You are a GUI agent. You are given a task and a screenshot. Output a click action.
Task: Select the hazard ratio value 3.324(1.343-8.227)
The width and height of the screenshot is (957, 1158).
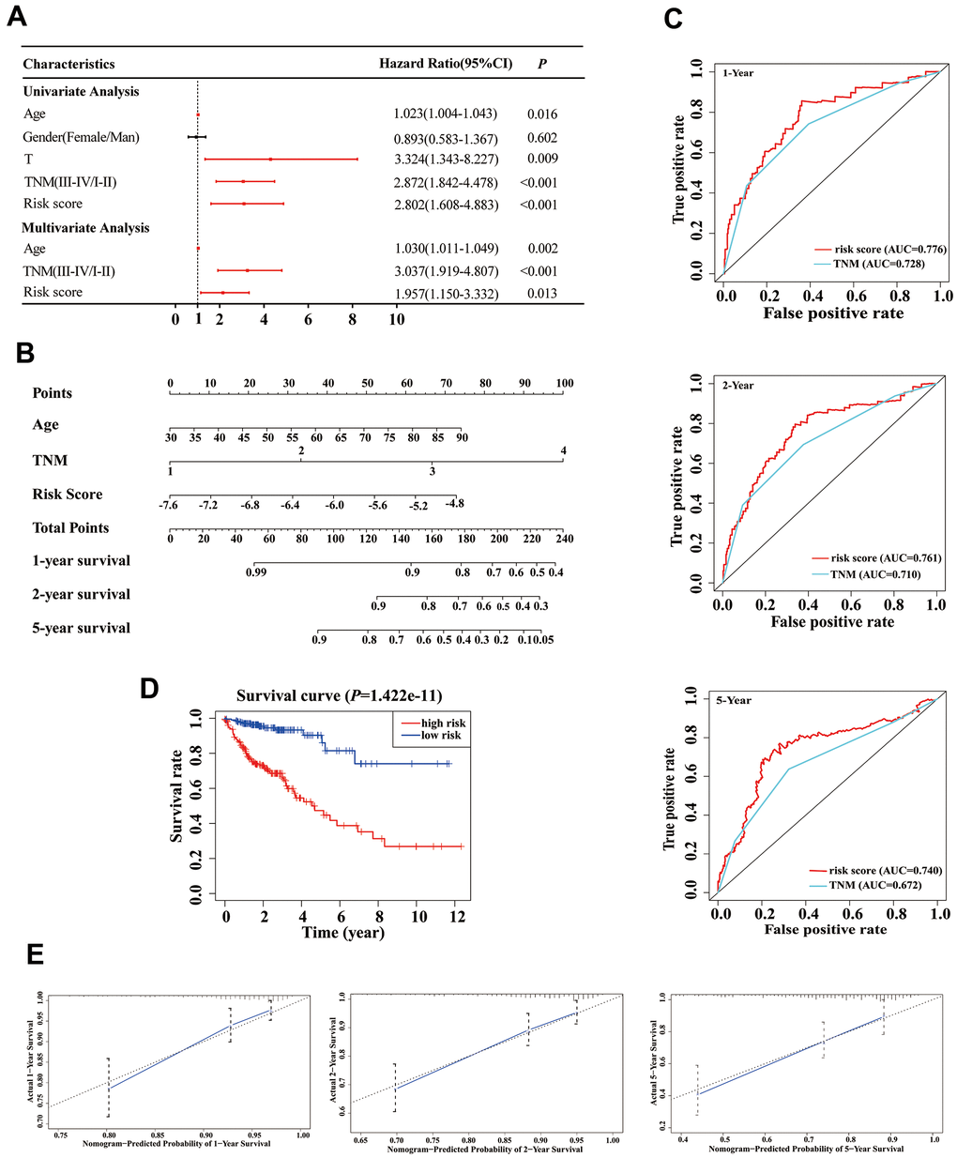(x=445, y=160)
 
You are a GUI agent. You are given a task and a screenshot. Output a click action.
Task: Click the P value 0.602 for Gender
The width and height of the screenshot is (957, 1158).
(x=541, y=137)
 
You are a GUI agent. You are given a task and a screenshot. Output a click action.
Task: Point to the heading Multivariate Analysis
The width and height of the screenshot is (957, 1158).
(x=85, y=228)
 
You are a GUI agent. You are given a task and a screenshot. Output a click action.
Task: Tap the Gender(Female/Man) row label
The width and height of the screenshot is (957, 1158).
(x=82, y=137)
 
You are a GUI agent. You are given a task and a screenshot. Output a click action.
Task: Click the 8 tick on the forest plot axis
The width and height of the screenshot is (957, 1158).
(x=353, y=320)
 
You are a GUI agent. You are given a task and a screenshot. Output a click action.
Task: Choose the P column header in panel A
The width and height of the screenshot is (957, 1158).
(x=542, y=64)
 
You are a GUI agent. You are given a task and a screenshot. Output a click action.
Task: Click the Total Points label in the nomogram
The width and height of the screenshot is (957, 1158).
(x=70, y=528)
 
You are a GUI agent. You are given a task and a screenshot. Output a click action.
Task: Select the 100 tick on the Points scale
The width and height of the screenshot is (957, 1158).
(x=564, y=384)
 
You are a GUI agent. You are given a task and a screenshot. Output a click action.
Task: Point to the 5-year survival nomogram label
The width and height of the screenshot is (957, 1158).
(x=82, y=628)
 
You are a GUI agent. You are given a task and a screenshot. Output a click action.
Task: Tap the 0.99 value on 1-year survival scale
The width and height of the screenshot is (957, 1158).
(x=255, y=571)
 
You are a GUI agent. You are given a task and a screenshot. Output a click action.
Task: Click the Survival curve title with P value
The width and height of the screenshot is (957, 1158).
(x=339, y=696)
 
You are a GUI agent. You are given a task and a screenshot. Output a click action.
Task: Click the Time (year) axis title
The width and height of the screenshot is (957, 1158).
(x=342, y=932)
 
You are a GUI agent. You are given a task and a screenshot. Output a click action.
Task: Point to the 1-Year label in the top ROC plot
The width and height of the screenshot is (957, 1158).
(x=737, y=73)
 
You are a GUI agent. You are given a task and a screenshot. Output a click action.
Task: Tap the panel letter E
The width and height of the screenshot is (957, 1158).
(x=35, y=955)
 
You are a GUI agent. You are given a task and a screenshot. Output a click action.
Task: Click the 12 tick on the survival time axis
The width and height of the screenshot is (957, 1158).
(x=457, y=916)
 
